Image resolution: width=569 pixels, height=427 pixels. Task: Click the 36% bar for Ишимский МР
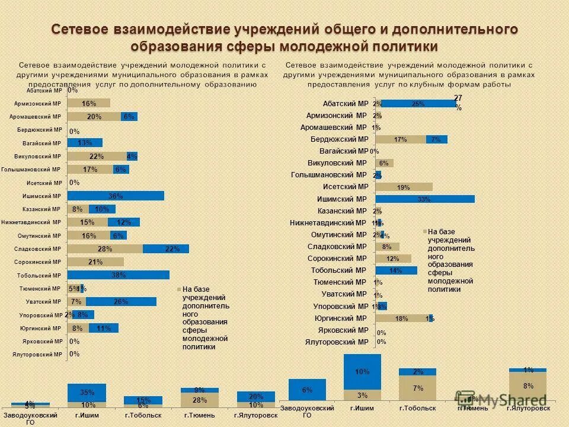116,196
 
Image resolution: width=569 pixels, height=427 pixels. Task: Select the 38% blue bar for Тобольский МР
118,275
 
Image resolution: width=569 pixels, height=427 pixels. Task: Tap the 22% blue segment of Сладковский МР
165,249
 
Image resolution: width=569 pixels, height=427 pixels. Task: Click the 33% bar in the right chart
425,199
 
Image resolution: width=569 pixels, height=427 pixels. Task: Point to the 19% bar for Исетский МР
404,187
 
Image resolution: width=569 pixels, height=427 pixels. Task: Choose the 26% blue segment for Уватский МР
121,302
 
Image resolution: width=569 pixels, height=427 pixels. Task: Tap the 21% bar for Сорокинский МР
95,262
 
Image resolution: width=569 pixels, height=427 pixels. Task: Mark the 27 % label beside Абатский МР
458,101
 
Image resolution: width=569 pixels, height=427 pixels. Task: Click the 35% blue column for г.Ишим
87,392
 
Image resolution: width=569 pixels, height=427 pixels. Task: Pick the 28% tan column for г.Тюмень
199,400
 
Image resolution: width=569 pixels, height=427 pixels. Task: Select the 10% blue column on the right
362,372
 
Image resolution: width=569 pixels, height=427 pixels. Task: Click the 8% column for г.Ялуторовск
528,385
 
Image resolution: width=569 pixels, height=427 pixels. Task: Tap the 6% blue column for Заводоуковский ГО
307,390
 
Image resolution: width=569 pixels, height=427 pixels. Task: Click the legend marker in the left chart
178,289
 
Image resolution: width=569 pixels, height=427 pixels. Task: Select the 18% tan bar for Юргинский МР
402,318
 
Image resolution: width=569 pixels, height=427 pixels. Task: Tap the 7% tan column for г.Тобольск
417,388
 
